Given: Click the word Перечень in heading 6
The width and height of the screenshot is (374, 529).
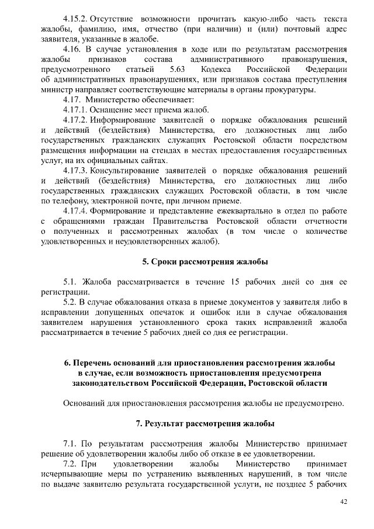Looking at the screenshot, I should point(95,362).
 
